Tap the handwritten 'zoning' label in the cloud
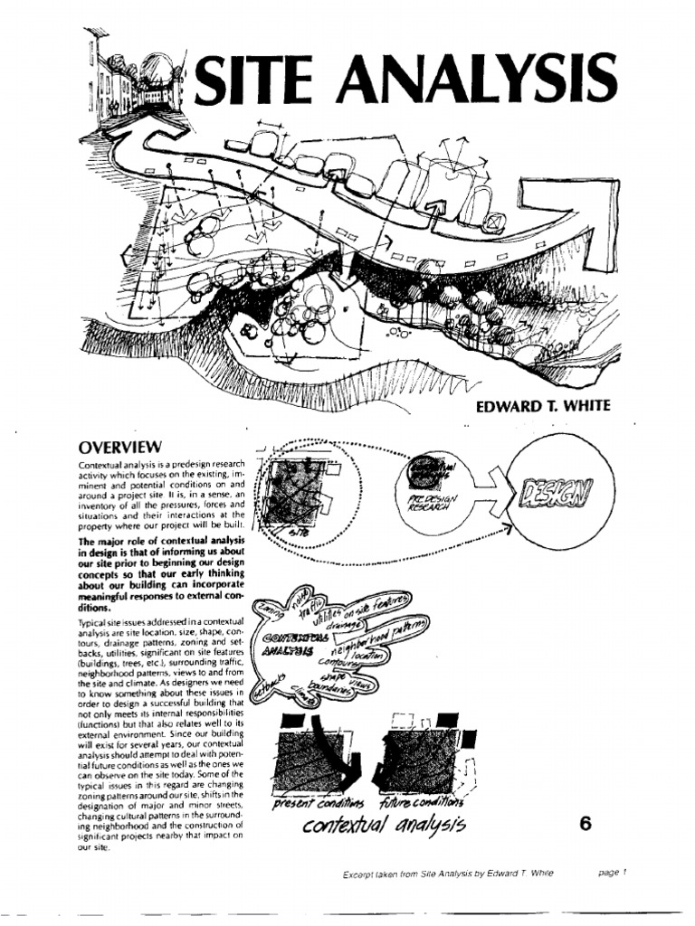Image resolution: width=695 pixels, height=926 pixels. [268, 615]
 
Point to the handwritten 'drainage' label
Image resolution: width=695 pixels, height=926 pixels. [340, 624]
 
